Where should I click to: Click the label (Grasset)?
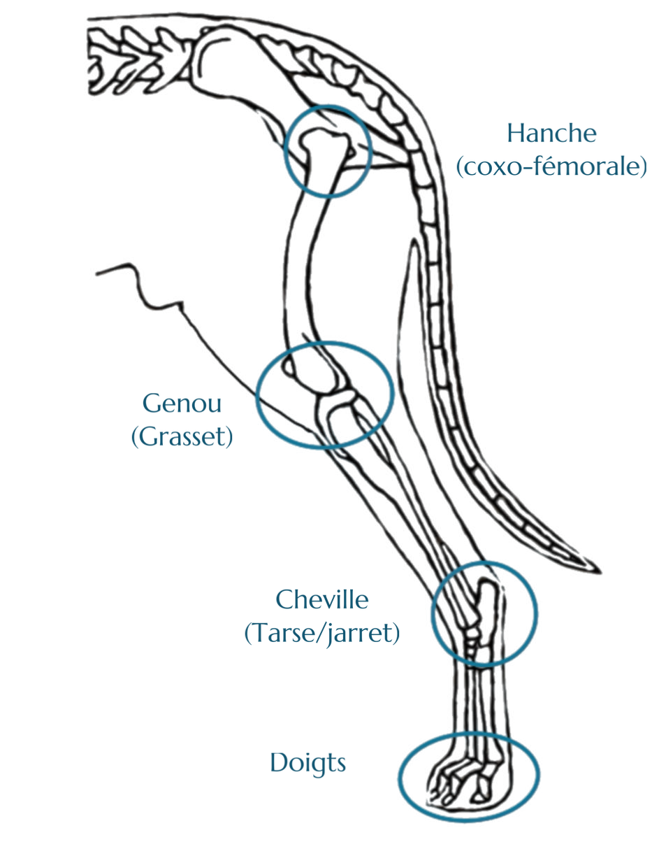(182, 438)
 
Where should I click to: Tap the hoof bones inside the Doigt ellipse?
(461, 780)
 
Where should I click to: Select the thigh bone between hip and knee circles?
(300, 266)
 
